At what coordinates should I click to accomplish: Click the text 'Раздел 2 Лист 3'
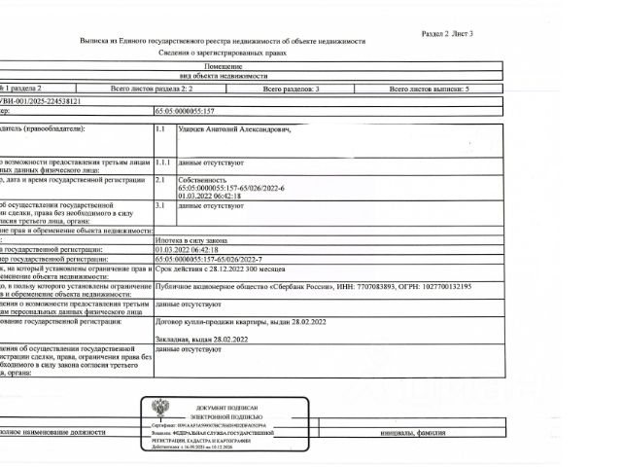coord(446,33)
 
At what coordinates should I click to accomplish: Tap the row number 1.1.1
coord(162,162)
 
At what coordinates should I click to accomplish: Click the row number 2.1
coord(161,179)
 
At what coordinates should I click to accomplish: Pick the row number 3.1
coord(161,205)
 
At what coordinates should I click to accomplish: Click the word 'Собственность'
coord(201,179)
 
